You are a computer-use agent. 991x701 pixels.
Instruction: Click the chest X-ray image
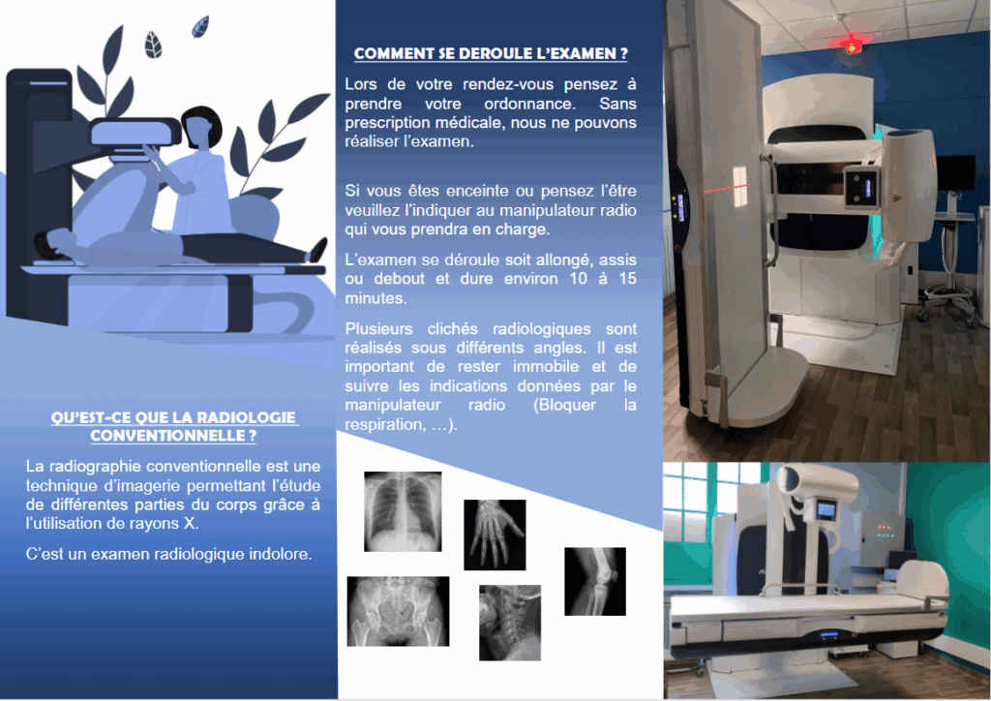click(x=403, y=511)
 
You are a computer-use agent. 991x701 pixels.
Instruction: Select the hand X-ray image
click(x=495, y=534)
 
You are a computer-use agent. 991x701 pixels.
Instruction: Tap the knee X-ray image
click(x=595, y=582)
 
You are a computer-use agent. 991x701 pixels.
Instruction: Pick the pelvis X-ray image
click(x=398, y=611)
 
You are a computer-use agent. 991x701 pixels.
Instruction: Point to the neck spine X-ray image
click(x=510, y=623)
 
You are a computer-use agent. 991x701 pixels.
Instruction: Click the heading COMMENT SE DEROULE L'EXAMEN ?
click(x=491, y=53)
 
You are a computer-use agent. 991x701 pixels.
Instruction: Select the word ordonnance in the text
click(x=529, y=104)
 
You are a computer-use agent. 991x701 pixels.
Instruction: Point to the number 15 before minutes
click(x=627, y=279)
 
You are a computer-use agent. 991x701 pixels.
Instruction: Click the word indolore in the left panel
click(x=280, y=555)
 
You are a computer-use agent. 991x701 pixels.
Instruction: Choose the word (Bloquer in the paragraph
click(x=565, y=405)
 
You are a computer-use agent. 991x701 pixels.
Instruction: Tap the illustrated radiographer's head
click(x=201, y=127)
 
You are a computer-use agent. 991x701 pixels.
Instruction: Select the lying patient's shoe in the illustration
click(x=316, y=251)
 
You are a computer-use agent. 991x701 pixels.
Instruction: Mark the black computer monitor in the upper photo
click(x=956, y=172)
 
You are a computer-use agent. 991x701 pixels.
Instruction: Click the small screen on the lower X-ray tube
click(x=826, y=509)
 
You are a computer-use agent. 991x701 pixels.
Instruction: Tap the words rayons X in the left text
click(x=168, y=524)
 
